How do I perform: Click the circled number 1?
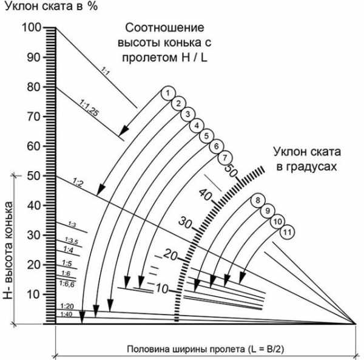coord(166,93)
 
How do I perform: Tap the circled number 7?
coord(224,157)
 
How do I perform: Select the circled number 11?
coord(288,232)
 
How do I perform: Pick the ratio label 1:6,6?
coord(67,284)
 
